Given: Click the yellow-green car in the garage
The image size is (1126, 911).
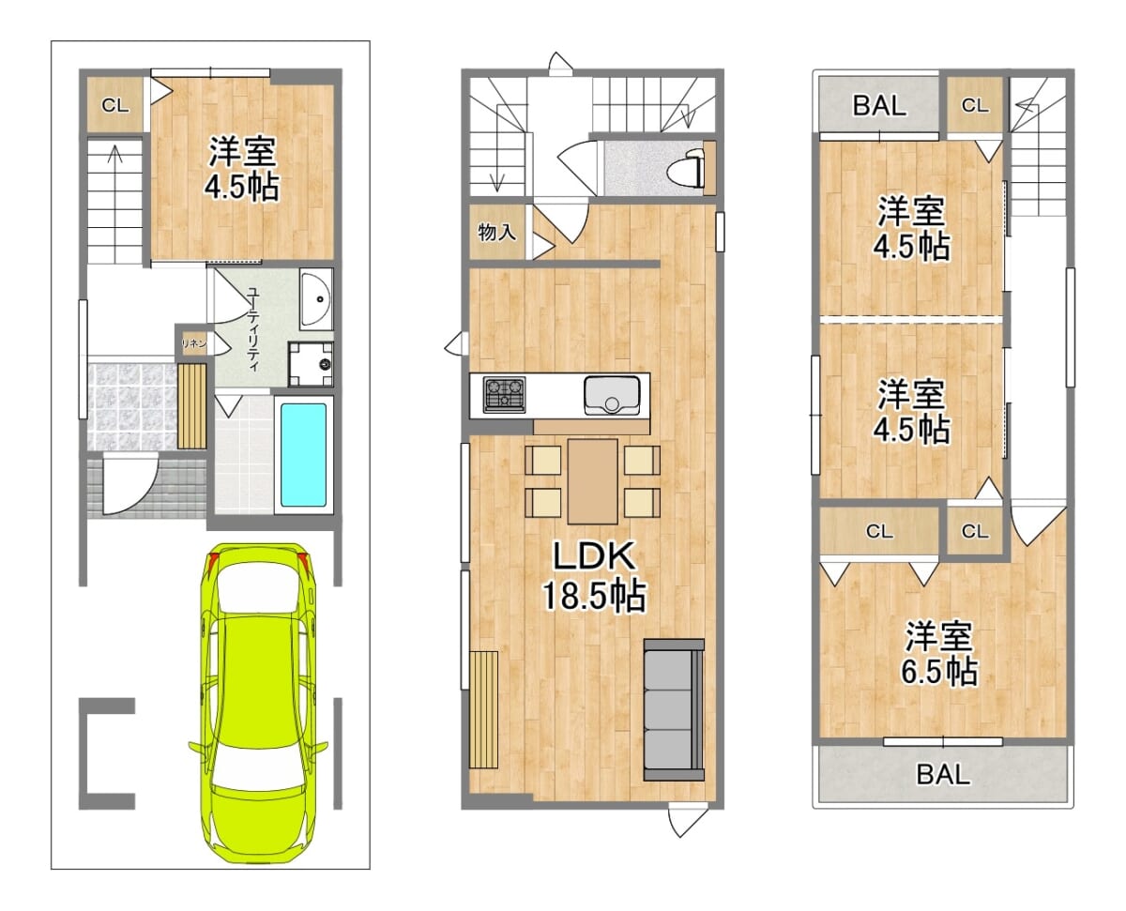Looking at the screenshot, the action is (x=258, y=704).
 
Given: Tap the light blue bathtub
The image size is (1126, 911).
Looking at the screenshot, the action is (x=303, y=455).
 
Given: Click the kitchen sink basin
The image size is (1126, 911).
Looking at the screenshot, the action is (x=612, y=395).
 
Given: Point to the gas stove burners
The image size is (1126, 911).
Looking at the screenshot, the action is (x=504, y=395).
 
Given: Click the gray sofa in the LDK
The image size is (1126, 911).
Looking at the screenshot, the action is (x=674, y=709).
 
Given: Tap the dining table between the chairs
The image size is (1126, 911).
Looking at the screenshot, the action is (x=593, y=481).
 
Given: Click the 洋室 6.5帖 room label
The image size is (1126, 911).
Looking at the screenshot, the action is (x=939, y=654).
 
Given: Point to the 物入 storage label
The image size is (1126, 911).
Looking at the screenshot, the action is (x=497, y=232).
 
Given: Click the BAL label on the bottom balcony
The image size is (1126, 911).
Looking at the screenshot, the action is (x=943, y=775).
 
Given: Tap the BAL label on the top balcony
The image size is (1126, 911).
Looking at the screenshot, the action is (x=879, y=105).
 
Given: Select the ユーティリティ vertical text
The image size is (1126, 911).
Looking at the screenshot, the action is (x=253, y=329).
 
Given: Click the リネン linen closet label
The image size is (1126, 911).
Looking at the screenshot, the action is (x=193, y=344).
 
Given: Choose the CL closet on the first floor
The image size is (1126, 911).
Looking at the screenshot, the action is (x=115, y=105).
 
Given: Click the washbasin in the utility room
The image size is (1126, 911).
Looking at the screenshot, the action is (x=316, y=299).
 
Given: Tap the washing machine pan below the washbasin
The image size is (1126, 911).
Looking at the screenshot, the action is (x=311, y=363).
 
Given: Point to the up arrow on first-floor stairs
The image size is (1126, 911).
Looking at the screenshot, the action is (x=115, y=155).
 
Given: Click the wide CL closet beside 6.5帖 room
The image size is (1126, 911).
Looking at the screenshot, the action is (x=879, y=531).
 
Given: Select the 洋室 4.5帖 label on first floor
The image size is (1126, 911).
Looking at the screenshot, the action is (x=242, y=169).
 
